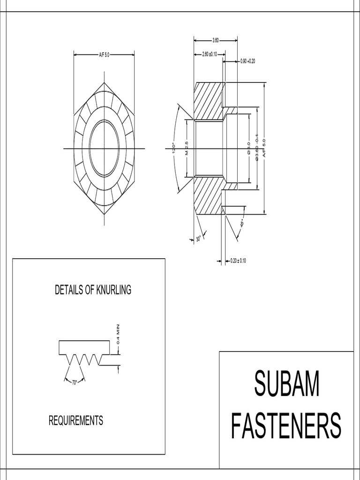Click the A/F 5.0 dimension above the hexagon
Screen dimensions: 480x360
(x=104, y=55)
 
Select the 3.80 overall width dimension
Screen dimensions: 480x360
(x=216, y=40)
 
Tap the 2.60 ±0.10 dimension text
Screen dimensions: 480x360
(x=210, y=55)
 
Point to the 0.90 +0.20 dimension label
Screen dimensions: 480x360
(x=248, y=61)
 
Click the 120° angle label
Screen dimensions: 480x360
(x=173, y=148)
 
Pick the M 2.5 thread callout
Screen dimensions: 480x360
(x=186, y=148)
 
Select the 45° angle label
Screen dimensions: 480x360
(x=242, y=224)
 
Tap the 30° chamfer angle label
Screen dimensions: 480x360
(x=198, y=239)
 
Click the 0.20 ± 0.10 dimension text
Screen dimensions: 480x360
(x=238, y=261)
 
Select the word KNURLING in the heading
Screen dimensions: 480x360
(x=113, y=290)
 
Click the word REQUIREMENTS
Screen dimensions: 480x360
(x=76, y=420)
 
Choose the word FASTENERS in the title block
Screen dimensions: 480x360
(x=286, y=426)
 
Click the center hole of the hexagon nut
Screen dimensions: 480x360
(x=104, y=148)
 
